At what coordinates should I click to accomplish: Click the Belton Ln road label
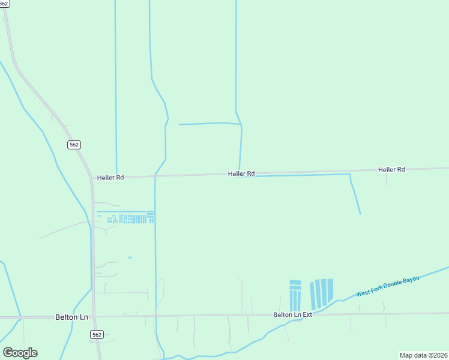click(71, 316)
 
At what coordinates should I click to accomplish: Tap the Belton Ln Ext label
click(292, 314)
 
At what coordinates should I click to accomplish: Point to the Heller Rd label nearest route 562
click(110, 178)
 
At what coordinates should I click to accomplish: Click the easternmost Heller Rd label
click(391, 170)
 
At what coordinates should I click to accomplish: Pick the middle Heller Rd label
click(241, 173)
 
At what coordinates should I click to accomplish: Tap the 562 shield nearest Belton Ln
click(97, 334)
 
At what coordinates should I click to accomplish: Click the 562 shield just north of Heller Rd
click(73, 145)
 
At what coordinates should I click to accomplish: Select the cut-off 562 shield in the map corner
click(4, 3)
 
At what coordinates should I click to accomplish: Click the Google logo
click(20, 353)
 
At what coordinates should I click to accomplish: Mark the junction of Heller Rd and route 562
click(92, 178)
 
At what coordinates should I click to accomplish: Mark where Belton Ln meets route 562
click(93, 317)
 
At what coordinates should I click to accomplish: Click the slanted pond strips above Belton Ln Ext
click(321, 293)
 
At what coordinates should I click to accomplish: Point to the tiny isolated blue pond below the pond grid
click(130, 257)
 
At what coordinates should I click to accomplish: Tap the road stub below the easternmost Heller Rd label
click(387, 179)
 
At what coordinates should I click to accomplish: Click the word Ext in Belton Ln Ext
click(307, 314)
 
